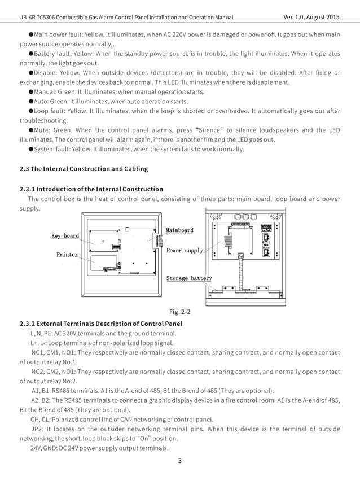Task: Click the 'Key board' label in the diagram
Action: [x=65, y=235]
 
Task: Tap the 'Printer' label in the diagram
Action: [x=67, y=255]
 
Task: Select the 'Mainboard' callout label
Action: [x=179, y=230]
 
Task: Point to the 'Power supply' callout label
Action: [x=185, y=250]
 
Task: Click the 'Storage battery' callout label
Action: [x=189, y=278]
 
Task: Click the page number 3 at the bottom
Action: [x=179, y=460]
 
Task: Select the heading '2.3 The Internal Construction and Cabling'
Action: [x=84, y=168]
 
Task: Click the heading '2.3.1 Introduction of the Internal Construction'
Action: [x=91, y=189]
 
